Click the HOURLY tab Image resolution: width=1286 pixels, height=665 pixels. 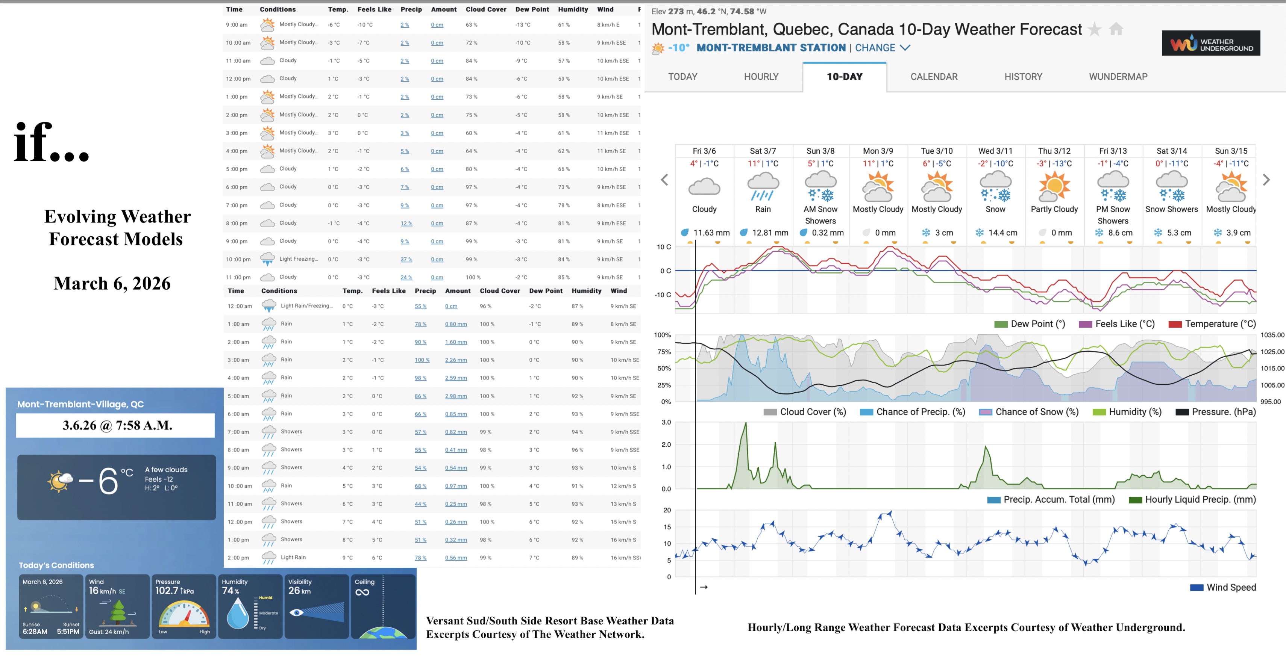pos(761,77)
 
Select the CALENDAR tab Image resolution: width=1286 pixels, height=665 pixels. pos(934,77)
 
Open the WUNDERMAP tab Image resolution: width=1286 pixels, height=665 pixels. pos(1118,77)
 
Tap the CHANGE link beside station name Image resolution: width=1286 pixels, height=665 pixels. pos(875,48)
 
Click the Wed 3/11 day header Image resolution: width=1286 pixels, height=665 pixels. pos(995,151)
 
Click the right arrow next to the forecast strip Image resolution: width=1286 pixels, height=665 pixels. pos(1266,180)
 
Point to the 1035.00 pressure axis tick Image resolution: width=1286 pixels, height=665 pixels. pos(1271,335)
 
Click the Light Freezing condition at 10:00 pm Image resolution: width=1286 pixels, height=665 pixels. pos(298,259)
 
